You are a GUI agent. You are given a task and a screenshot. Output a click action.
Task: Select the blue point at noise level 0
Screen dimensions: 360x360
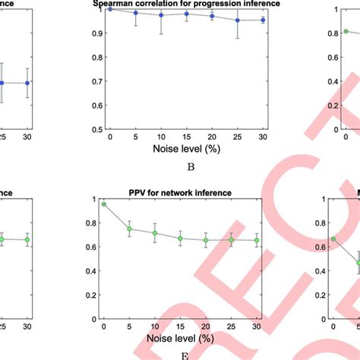point(110,9)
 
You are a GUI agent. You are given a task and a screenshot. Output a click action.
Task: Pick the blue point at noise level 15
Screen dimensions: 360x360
point(187,14)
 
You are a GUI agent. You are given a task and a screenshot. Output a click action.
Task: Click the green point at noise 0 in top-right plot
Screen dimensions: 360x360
point(346,31)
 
